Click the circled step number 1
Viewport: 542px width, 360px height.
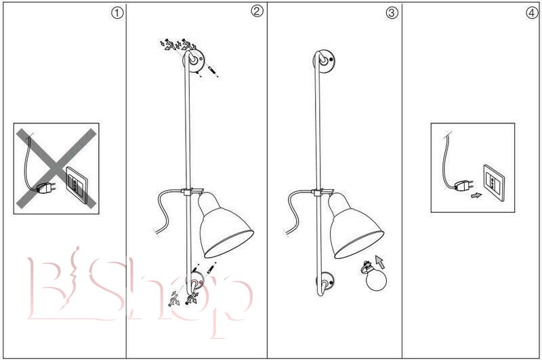(x=117, y=14)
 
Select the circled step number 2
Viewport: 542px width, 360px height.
(x=257, y=11)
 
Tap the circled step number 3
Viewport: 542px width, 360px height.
(x=392, y=13)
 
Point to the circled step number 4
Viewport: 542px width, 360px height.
(x=532, y=13)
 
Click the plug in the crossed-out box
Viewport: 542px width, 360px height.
(x=46, y=188)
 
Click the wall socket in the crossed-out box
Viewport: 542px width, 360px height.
(x=77, y=185)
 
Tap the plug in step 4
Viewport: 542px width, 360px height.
(x=464, y=185)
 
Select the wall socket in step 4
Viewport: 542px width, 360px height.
(x=494, y=183)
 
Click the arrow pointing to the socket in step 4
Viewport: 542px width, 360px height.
(x=476, y=196)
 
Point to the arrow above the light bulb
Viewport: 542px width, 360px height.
(x=380, y=262)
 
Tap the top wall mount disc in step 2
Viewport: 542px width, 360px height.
(x=194, y=60)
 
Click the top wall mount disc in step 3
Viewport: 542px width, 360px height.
(x=324, y=60)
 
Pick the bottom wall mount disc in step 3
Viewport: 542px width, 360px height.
(x=326, y=281)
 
